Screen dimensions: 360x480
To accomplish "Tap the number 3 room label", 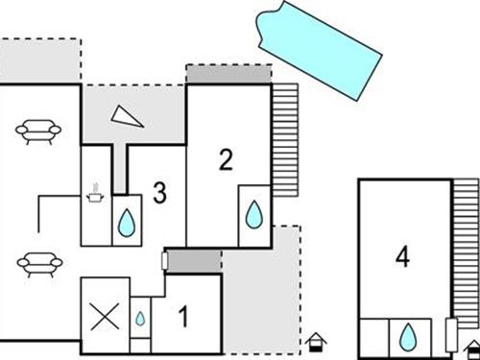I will (158, 193).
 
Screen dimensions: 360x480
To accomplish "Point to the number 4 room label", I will (403, 256).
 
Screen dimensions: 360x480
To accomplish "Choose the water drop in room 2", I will (253, 213).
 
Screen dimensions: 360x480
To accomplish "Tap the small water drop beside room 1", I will (140, 318).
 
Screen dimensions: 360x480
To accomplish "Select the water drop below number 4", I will (408, 335).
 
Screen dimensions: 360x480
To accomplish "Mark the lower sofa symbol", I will (39, 262).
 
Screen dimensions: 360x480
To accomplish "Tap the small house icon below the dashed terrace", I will (316, 340).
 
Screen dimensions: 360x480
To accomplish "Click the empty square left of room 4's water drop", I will (373, 335).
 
